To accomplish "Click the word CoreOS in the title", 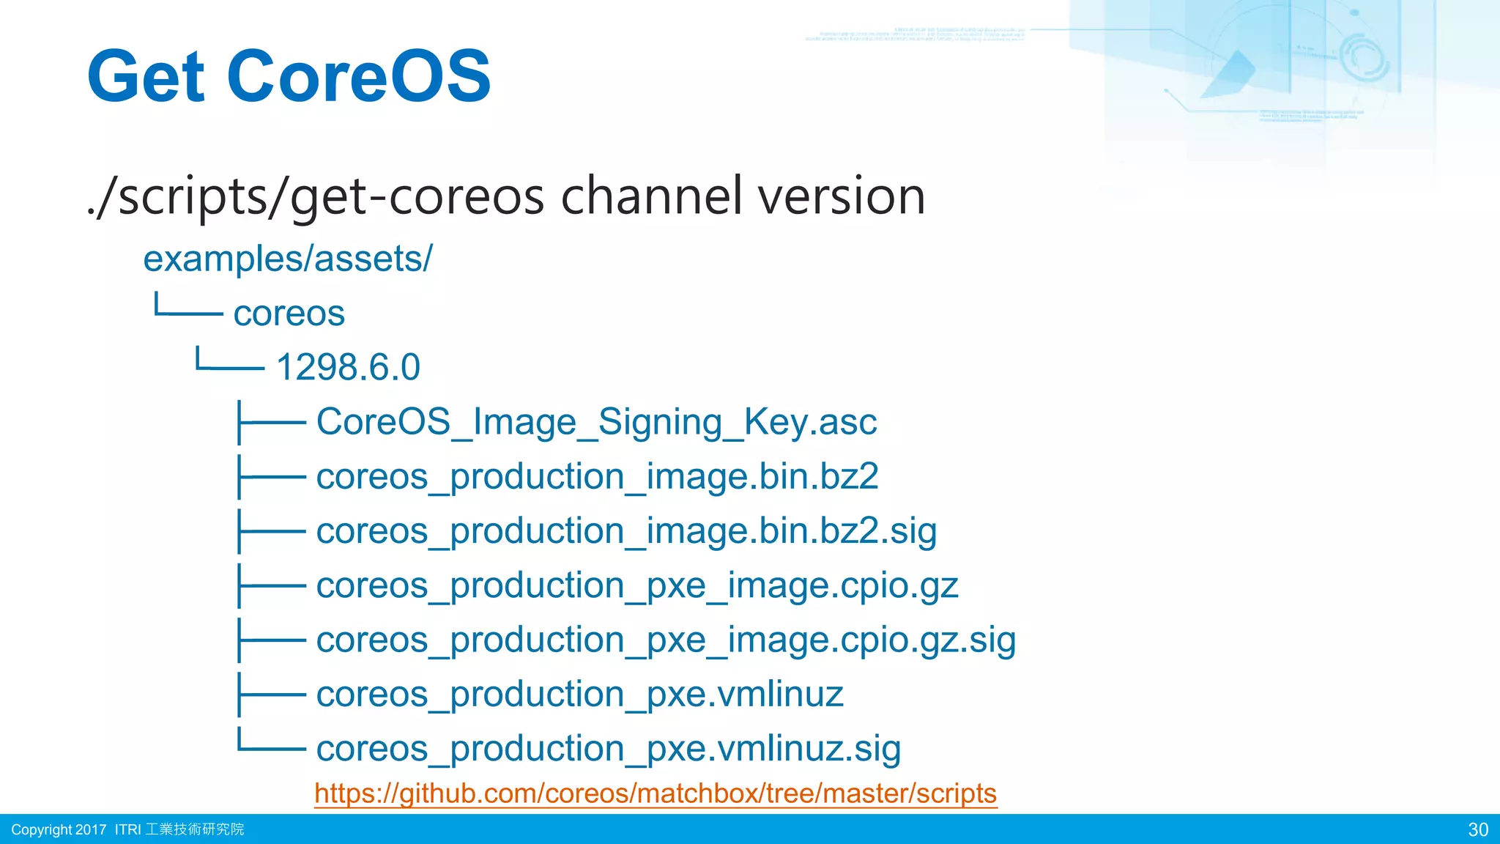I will tap(359, 76).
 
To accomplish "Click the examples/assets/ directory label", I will tap(288, 259).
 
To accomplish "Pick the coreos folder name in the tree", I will tap(289, 314).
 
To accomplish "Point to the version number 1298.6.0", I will tap(348, 368).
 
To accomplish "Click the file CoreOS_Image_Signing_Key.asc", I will tap(596, 422).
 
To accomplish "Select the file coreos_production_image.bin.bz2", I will tap(597, 477).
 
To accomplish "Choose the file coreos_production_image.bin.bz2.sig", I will tap(626, 531).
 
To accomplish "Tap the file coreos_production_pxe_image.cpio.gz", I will tap(637, 585).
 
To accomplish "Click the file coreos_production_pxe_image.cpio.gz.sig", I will tap(666, 640).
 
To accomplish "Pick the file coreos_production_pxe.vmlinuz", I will tap(579, 695).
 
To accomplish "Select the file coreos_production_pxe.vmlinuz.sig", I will tap(608, 749).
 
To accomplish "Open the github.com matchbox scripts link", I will tap(656, 793).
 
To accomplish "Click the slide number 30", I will tap(1477, 829).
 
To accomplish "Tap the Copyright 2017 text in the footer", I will tap(59, 829).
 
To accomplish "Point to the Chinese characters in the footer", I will tap(194, 829).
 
